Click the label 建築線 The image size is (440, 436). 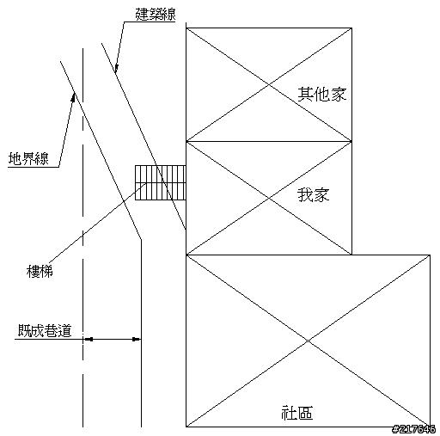156,15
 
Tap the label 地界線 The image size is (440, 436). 28,158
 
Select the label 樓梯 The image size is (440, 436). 40,271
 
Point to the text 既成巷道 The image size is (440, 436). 45,330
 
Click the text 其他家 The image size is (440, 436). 322,94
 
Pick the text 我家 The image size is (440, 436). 314,195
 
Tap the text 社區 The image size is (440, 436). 296,413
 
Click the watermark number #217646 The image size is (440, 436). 414,429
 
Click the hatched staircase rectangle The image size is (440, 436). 161,182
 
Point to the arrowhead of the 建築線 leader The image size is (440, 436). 116,68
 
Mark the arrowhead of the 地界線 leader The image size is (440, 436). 74,97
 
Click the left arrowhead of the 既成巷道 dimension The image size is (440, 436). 88,340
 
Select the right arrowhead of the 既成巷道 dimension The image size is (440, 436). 137,340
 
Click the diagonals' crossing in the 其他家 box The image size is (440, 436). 269,84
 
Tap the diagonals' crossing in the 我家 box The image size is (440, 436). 269,198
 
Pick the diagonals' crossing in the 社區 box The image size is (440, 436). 309,341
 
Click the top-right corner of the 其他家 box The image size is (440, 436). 351,28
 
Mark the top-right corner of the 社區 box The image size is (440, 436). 430,255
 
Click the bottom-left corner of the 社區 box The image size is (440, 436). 186,427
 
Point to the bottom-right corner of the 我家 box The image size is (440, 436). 351,255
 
